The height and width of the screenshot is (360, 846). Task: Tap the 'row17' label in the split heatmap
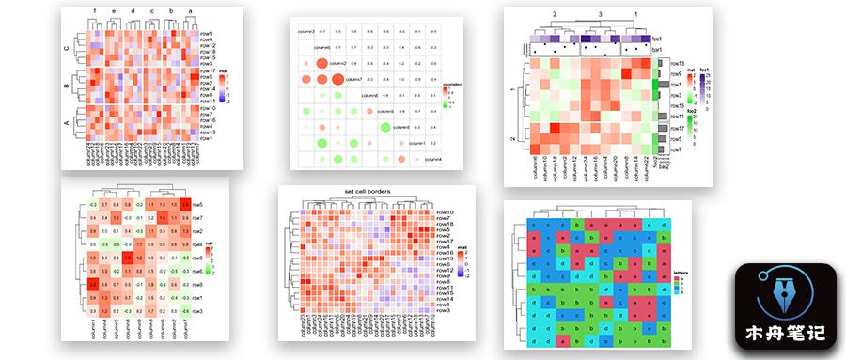pos(209,70)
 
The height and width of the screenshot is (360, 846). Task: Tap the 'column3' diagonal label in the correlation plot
pos(306,31)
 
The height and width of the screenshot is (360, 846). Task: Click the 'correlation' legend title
pos(453,82)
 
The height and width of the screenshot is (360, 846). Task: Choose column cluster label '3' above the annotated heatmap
pos(599,15)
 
